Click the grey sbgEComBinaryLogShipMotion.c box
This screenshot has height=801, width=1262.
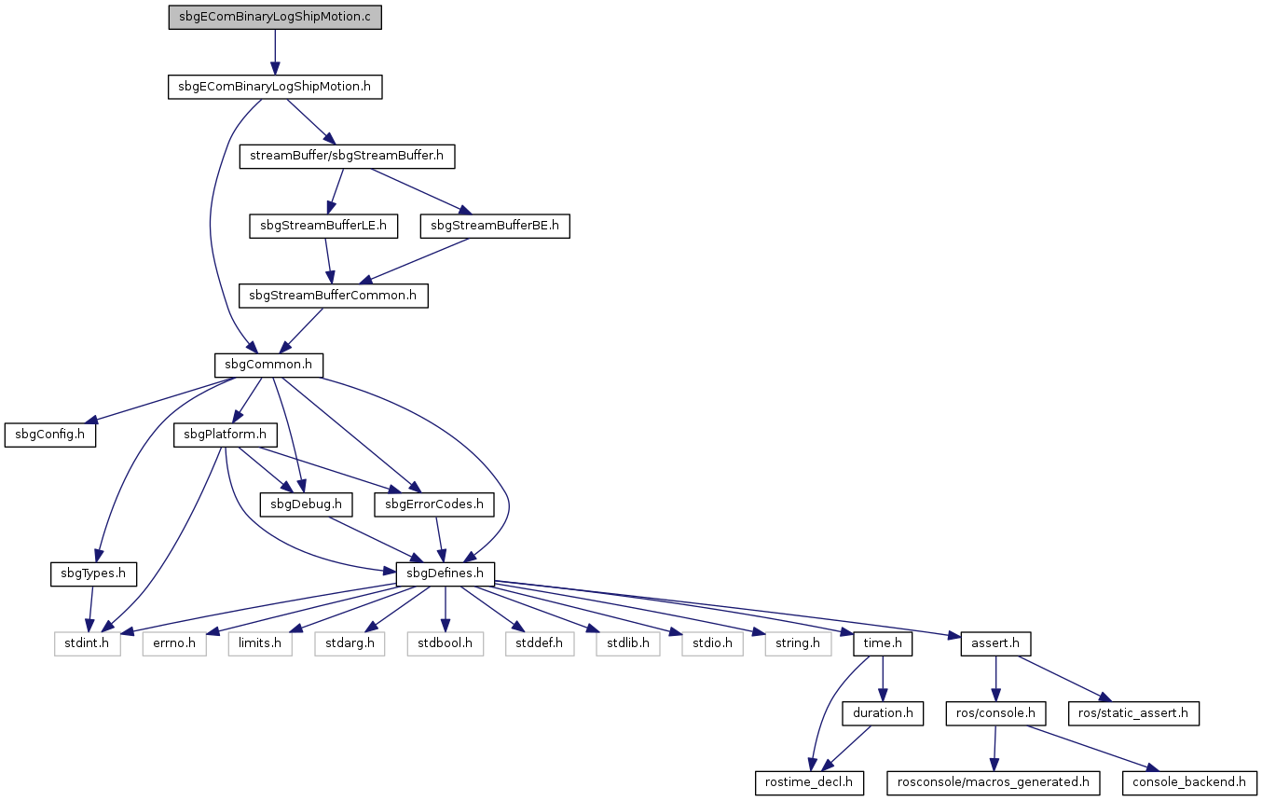(275, 17)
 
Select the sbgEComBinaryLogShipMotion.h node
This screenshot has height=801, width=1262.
(275, 87)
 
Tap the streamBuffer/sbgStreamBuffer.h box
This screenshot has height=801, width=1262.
(347, 156)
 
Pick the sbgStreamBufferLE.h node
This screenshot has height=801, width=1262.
(323, 226)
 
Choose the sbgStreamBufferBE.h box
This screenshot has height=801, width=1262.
(495, 226)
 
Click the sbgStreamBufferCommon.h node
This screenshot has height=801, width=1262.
(334, 296)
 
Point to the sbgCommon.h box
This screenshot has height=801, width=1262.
(268, 366)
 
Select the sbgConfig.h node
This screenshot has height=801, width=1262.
(50, 435)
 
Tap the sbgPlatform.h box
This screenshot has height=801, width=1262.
(226, 435)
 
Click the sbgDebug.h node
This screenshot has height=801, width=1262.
(307, 504)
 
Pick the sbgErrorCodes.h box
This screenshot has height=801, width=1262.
(434, 504)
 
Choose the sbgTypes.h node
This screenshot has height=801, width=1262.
(93, 573)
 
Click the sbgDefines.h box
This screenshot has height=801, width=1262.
(446, 573)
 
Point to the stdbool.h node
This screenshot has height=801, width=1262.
(446, 643)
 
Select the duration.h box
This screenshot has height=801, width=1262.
(883, 713)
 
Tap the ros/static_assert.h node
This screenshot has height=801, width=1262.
(1133, 713)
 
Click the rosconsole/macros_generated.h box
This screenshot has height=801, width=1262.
(994, 783)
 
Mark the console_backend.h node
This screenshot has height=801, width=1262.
(1189, 783)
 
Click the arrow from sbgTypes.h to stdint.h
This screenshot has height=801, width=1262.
(90, 609)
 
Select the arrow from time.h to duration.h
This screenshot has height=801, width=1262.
(883, 679)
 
